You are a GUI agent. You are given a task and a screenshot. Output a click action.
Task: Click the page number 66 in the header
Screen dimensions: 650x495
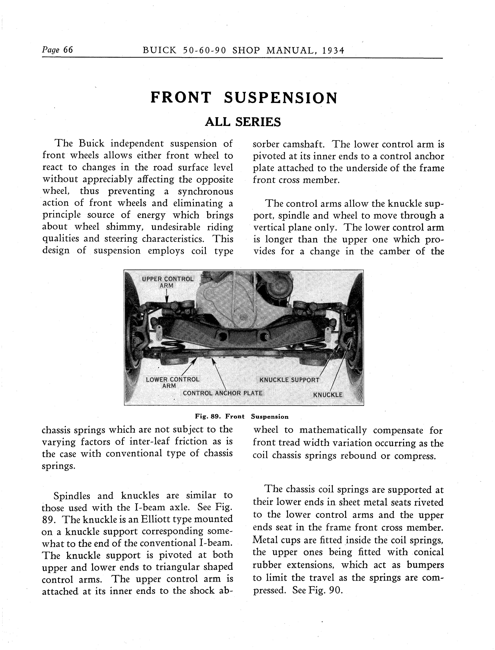pyautogui.click(x=68, y=50)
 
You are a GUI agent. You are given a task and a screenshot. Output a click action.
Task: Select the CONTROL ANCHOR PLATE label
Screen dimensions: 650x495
pyautogui.click(x=222, y=393)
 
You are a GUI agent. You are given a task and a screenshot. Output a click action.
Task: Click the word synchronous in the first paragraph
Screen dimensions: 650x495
pyautogui.click(x=205, y=191)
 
